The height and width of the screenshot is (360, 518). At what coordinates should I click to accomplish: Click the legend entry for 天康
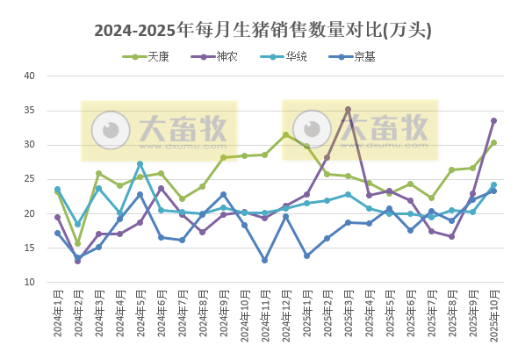coord(152,56)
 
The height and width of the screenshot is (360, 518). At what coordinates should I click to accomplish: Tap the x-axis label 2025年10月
coord(493,321)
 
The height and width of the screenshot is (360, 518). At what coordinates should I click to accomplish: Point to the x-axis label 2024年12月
coord(285,321)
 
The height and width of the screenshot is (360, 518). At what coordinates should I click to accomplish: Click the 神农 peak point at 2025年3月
coord(348,110)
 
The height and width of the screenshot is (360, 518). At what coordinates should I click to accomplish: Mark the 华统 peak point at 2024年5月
coord(140,163)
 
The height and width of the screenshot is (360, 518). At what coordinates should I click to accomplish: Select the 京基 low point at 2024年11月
coord(264,260)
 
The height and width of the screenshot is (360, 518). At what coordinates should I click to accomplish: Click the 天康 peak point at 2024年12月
coord(285,134)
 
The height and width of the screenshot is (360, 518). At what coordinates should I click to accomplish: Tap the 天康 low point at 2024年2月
coord(77,243)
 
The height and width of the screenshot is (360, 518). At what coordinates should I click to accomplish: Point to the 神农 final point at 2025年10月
coord(493,120)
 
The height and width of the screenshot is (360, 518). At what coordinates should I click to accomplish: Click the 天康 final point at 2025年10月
coord(493,142)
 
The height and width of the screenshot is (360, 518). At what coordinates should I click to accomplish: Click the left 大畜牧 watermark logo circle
coord(111,130)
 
